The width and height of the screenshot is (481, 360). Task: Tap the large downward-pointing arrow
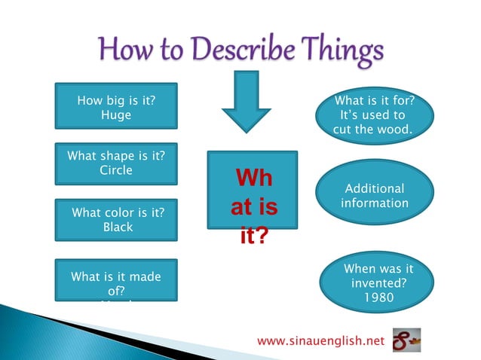coord(247,102)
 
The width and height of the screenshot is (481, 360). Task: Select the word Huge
coord(116,115)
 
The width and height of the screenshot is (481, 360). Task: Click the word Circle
coord(116,170)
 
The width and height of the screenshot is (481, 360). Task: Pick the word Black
coord(117,226)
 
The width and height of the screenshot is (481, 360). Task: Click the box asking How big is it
coord(117,106)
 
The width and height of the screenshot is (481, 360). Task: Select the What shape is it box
coord(117,163)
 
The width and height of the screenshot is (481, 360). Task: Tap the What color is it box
coord(117,219)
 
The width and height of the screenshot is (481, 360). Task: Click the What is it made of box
coord(117,280)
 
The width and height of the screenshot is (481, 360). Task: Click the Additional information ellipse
coord(375,196)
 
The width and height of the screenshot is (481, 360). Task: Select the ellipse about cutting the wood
coord(375,115)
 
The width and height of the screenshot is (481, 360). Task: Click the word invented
coord(378,282)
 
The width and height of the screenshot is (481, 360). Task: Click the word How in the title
coord(124,51)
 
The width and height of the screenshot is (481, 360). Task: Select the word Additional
coord(375,189)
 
